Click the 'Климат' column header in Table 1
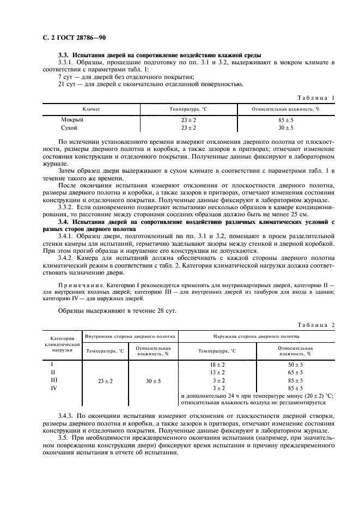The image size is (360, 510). tap(91, 109)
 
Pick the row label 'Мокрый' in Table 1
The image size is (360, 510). tap(72, 119)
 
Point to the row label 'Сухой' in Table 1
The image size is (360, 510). tap(70, 127)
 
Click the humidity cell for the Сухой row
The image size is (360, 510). tap(285, 127)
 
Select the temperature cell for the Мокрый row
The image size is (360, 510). tap(188, 119)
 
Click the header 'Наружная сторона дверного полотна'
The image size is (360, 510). tap(256, 337)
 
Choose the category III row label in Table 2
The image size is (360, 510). tap(53, 380)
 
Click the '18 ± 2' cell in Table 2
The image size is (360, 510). tap(218, 364)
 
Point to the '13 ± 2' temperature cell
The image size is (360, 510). tap(218, 372)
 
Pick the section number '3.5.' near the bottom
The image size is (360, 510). tap(64, 438)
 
